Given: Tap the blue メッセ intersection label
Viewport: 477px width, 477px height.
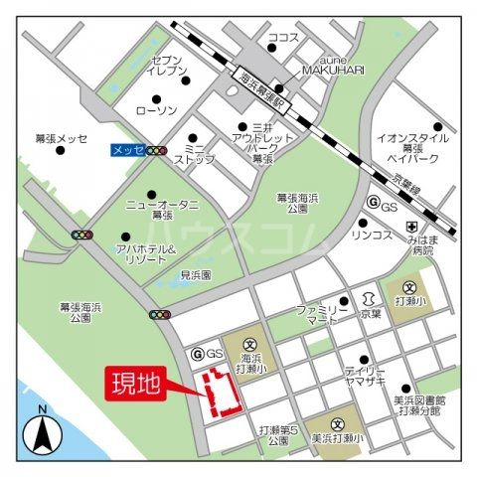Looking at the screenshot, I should click(125, 151).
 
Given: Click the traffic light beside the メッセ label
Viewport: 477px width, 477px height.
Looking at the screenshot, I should click(156, 151).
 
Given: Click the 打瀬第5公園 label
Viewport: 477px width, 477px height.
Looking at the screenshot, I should click(278, 436).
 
